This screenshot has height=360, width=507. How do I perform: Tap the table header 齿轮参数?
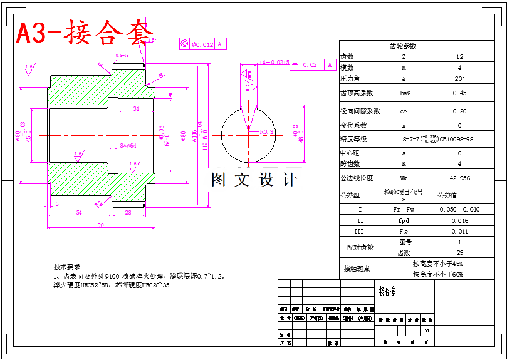pos(403,46)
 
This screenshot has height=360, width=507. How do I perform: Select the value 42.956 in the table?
pos(459,178)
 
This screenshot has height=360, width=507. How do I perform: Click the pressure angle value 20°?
pos(459,79)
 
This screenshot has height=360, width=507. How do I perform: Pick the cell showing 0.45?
pos(459,93)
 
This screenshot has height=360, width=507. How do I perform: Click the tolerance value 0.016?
pos(459,220)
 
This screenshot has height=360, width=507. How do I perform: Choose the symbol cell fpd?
pos(404,220)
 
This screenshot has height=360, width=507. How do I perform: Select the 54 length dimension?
pos(79,213)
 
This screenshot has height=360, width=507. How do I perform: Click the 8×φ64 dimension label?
pos(128,146)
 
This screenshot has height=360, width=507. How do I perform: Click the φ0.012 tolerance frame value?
pos(202,44)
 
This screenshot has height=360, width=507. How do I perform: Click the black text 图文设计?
pos(254,180)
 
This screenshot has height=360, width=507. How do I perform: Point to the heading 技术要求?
pos(67,266)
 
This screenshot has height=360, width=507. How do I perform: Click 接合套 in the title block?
pos(388,292)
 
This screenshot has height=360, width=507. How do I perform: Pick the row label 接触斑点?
pos(357,269)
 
